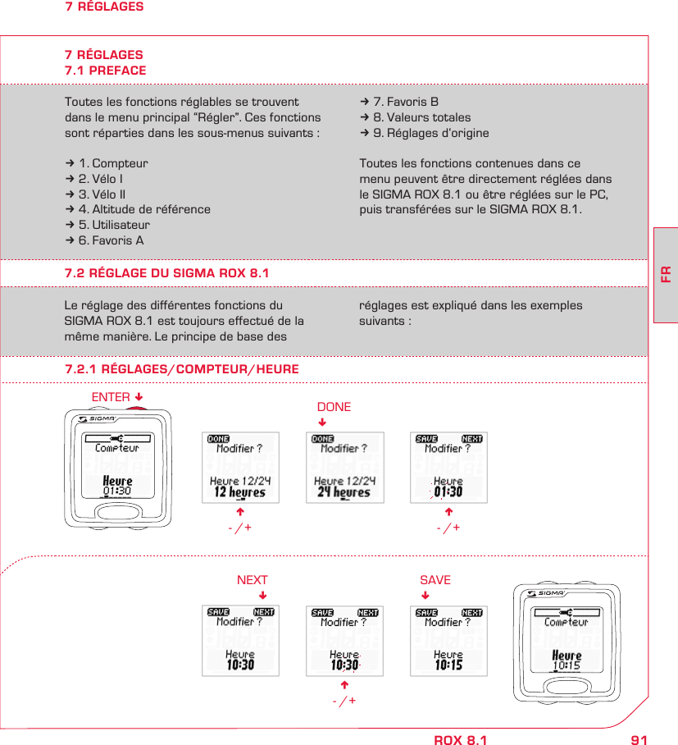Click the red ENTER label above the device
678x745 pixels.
coord(111,397)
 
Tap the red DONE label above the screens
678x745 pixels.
coord(334,407)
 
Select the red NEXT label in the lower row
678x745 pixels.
coord(253,580)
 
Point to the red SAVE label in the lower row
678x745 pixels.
coord(435,580)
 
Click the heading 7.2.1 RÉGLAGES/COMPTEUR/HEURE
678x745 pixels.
coord(182,370)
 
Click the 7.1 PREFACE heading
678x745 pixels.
coord(106,71)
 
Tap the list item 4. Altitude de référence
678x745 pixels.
coord(138,209)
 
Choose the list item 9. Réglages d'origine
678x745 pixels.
coord(424,133)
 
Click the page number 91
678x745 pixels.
coord(639,740)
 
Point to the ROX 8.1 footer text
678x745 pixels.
coord(460,740)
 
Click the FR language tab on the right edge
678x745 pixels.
coord(666,272)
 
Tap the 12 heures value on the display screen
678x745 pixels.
coord(240,492)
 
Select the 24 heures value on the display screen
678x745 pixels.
coord(344,492)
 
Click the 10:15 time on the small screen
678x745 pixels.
coord(448,665)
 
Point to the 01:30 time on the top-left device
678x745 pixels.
coord(117,491)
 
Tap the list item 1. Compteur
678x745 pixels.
coord(107,163)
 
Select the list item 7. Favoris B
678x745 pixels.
coord(399,102)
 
